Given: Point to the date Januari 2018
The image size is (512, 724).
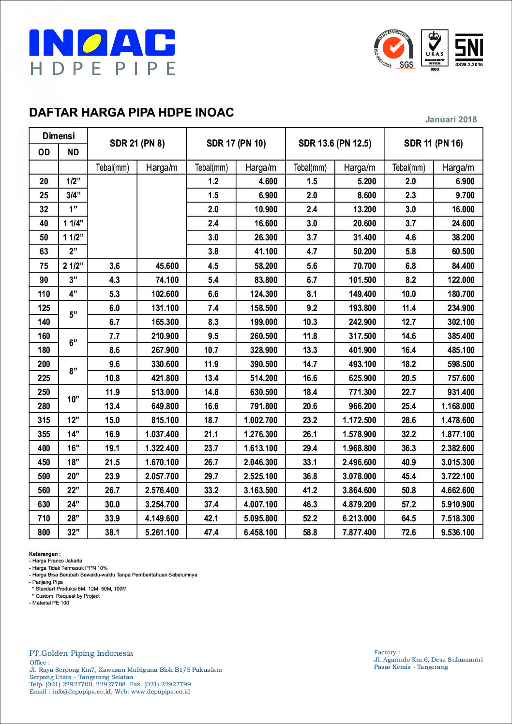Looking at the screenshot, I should tap(451, 119).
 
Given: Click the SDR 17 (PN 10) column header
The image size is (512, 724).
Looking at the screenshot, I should tap(236, 143).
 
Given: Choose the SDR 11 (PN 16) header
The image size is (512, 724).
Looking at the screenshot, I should tap(433, 143).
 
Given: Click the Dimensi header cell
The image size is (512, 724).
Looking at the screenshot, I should tap(59, 136).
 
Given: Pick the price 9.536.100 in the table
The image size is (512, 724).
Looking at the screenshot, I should tap(458, 532).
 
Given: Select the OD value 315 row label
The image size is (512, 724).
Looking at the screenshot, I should tap(44, 420).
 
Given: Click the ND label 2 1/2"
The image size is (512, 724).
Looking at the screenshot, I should tap(73, 266).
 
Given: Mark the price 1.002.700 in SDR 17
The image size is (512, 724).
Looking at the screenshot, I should tap(260, 420).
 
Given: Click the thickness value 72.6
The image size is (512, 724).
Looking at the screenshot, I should tap(408, 532).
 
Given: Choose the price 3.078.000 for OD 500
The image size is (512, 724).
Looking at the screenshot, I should tap(359, 476).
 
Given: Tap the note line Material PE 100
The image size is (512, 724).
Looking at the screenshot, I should tap(50, 603).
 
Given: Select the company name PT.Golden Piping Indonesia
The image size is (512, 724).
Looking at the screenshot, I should tap(81, 653).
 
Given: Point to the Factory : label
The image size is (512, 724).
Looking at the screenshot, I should tap(387, 652).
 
